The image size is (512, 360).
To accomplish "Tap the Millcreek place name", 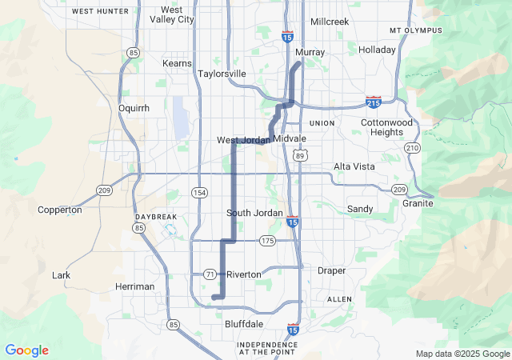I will pyautogui.click(x=330, y=22).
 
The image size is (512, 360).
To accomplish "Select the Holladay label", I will pyautogui.click(x=378, y=50).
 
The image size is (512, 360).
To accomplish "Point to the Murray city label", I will pyautogui.click(x=310, y=53).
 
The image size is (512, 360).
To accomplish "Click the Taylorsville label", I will pyautogui.click(x=222, y=74).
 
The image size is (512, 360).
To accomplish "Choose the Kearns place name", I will pyautogui.click(x=177, y=63).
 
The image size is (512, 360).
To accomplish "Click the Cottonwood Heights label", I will pyautogui.click(x=386, y=127).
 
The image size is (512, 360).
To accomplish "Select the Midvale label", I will pyautogui.click(x=289, y=139).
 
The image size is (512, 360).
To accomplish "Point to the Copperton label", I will pyautogui.click(x=60, y=210).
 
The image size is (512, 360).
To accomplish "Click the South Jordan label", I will pyautogui.click(x=254, y=213).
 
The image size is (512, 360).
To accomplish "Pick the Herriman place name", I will pyautogui.click(x=135, y=286).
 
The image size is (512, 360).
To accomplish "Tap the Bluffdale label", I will pyautogui.click(x=244, y=324).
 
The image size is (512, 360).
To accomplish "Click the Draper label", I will pyautogui.click(x=331, y=271).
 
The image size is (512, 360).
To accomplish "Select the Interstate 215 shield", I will pyautogui.click(x=373, y=102).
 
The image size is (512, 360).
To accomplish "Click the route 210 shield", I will pyautogui.click(x=412, y=149).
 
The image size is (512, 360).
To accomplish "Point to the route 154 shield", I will pyautogui.click(x=199, y=193).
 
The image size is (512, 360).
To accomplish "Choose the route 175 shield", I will pyautogui.click(x=267, y=241).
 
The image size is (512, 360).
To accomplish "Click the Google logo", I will pyautogui.click(x=26, y=350).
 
